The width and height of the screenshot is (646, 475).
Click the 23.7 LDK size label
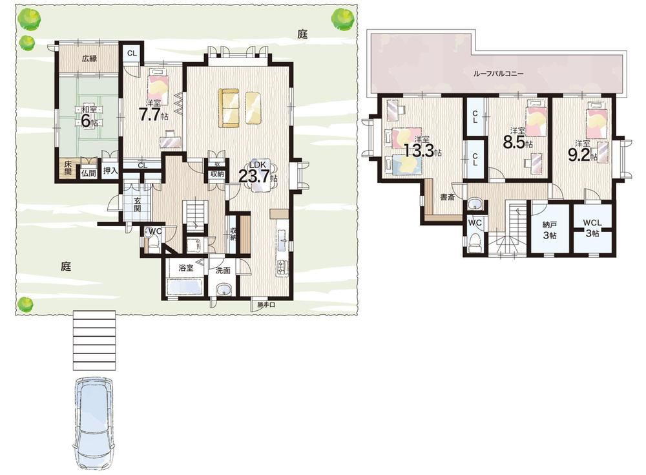(255, 176)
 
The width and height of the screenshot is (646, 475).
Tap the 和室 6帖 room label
(89, 116)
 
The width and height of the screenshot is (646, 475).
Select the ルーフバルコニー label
(498, 74)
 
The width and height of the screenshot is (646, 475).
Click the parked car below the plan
(94, 423)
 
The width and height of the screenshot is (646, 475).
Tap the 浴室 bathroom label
(186, 268)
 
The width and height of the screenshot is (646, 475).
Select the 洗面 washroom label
(223, 271)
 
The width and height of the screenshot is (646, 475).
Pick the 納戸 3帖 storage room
(550, 230)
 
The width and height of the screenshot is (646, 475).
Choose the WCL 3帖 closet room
(592, 227)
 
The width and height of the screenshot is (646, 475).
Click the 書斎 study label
(448, 198)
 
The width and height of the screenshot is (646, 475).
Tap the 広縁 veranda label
(89, 59)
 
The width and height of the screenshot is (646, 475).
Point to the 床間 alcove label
(68, 168)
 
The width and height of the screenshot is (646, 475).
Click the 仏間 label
(89, 173)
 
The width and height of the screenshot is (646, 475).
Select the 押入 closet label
(110, 171)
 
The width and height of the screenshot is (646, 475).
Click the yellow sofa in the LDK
(229, 108)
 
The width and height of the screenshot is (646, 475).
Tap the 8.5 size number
(514, 142)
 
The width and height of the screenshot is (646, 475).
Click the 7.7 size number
(150, 115)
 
